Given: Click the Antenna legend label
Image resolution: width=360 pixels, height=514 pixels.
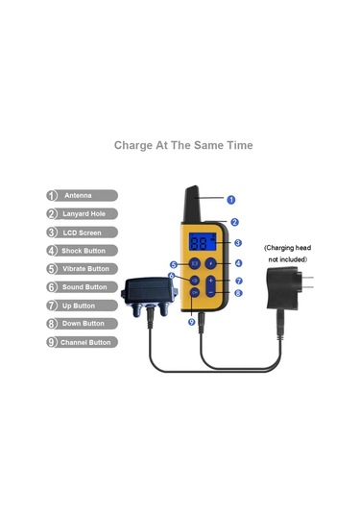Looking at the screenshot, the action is click(x=82, y=195).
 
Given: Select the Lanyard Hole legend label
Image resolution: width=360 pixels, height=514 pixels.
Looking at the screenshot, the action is click(x=82, y=213).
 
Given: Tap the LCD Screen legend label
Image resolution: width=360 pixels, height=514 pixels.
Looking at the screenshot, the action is click(x=82, y=233).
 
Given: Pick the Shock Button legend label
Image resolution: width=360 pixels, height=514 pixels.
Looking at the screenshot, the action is click(x=82, y=251).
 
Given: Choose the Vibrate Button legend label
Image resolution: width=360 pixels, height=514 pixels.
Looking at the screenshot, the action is click(x=82, y=269).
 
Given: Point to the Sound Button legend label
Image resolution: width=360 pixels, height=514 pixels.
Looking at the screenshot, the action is click(x=82, y=287).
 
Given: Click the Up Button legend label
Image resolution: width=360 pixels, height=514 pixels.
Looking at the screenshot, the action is click(x=82, y=306).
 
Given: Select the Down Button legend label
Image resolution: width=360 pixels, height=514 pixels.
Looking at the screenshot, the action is click(x=82, y=324).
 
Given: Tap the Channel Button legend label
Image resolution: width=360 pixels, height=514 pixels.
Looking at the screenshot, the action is click(x=82, y=342).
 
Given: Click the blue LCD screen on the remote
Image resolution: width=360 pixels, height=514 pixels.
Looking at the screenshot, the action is click(x=203, y=242).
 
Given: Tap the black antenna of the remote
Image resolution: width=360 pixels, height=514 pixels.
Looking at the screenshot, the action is click(x=191, y=204).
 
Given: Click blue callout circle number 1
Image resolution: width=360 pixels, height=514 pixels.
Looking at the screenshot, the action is click(x=231, y=200).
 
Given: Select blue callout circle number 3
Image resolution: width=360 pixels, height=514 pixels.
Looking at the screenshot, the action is click(x=238, y=243).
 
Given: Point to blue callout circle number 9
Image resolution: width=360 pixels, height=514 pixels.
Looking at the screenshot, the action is click(x=192, y=322).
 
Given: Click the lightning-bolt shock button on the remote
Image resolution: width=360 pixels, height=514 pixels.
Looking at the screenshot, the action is click(x=210, y=263).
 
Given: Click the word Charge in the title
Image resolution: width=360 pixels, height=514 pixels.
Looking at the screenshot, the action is click(x=133, y=145).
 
